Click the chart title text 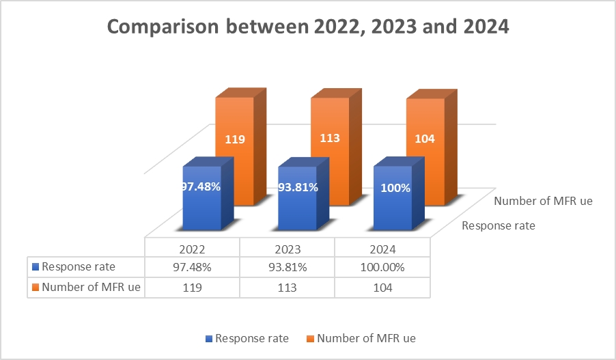pyautogui.click(x=309, y=28)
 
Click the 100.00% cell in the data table pyautogui.click(x=382, y=268)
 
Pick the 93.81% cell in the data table pyautogui.click(x=287, y=268)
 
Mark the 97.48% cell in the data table pyautogui.click(x=192, y=268)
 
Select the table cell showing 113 pyautogui.click(x=287, y=288)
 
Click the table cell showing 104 pyautogui.click(x=382, y=288)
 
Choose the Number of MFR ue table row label pyautogui.click(x=87, y=288)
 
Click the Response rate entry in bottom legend pyautogui.click(x=250, y=338)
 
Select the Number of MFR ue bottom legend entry pyautogui.click(x=362, y=338)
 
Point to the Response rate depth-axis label pyautogui.click(x=498, y=225)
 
